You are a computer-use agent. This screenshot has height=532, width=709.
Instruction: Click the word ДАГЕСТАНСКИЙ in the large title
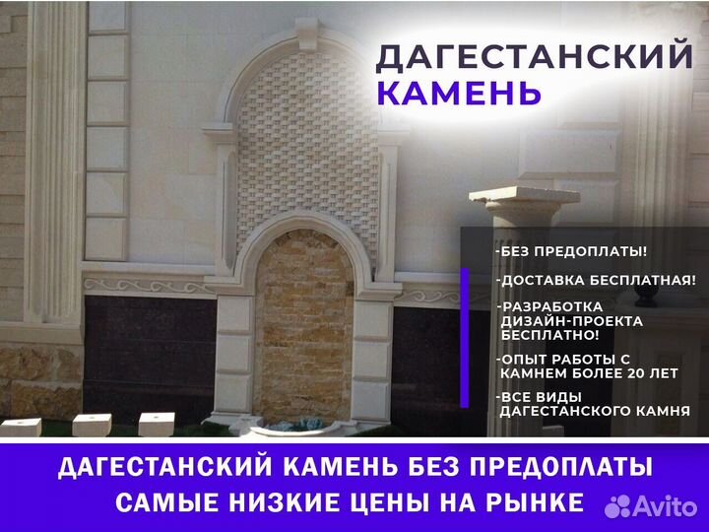click(x=534, y=56)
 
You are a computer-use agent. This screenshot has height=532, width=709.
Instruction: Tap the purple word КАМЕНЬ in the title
click(x=459, y=93)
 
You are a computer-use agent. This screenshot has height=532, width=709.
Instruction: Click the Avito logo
click(x=651, y=506)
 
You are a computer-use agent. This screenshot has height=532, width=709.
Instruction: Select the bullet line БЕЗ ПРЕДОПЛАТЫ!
click(x=571, y=251)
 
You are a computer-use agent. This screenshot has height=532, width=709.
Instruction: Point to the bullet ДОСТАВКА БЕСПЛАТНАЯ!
click(x=596, y=281)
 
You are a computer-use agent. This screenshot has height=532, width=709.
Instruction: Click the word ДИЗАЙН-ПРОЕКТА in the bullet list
click(x=571, y=321)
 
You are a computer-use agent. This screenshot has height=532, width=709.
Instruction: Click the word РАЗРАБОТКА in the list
click(x=550, y=306)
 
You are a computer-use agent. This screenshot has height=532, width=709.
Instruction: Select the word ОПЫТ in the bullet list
click(x=523, y=360)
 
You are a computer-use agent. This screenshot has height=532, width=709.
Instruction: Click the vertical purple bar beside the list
click(x=465, y=338)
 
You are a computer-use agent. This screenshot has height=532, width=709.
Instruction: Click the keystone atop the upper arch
click(x=307, y=33)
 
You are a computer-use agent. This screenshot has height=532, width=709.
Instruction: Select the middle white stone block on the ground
click(x=92, y=425)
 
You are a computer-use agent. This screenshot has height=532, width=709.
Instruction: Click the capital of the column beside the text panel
click(x=525, y=204)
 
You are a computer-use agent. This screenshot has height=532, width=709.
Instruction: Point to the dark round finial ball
click(x=645, y=294)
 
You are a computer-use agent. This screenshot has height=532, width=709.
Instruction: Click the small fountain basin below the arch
click(x=297, y=427)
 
